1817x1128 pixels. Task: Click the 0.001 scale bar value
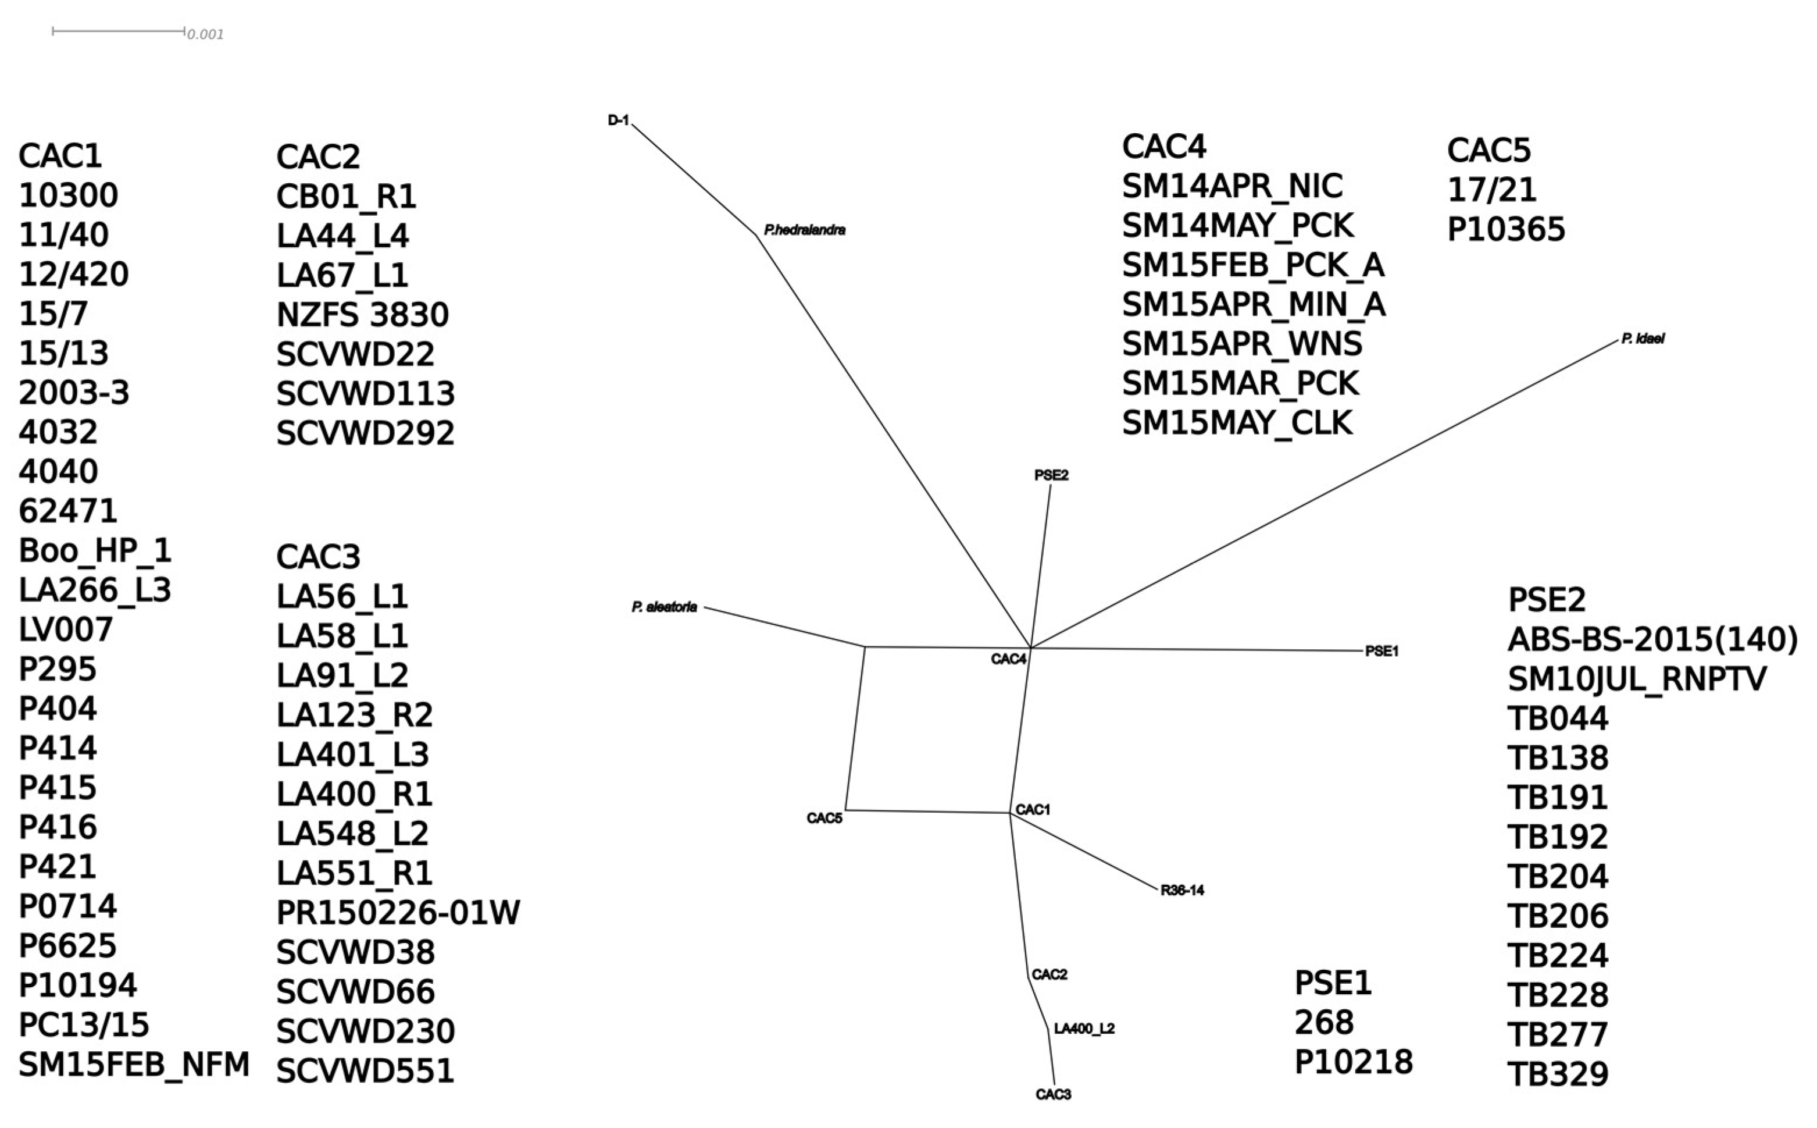coord(205,34)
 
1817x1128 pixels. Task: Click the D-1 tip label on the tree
coord(618,120)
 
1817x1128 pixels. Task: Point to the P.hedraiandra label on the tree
coord(805,230)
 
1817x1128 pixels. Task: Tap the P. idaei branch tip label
coord(1643,339)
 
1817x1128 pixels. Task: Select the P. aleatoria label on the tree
coord(665,607)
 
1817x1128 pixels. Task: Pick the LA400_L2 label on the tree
coord(1084,1029)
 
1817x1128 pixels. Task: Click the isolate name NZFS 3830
coord(362,315)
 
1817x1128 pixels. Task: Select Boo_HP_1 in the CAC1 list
coord(95,550)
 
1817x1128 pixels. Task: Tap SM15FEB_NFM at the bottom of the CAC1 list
coord(134,1065)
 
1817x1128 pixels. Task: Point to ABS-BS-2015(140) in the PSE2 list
coord(1652,639)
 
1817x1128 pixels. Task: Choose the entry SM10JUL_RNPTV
coord(1637,679)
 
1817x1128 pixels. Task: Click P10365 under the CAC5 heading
coord(1505,229)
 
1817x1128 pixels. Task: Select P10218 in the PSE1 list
coord(1353,1062)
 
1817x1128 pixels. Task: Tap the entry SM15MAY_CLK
coord(1237,423)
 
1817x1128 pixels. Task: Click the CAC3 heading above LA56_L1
coord(319,557)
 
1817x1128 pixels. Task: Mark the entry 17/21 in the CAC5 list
coord(1491,190)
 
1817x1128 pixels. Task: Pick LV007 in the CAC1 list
coord(66,629)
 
